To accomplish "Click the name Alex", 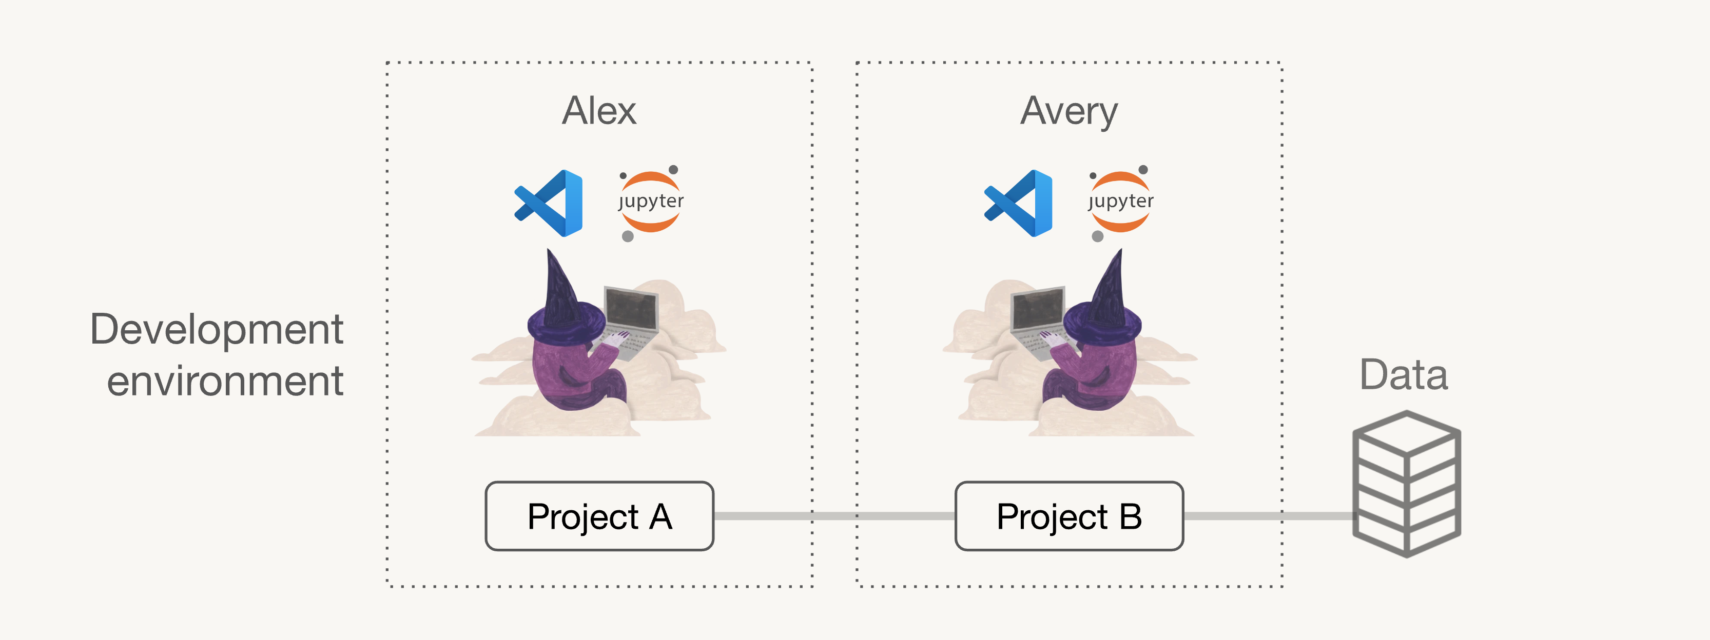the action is coord(599,110).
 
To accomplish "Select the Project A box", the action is coord(599,516).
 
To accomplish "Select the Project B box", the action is coord(1068,516).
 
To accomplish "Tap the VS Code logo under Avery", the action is coord(1018,203).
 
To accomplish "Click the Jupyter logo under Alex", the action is coord(651,202).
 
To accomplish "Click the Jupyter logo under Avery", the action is coord(1120,202).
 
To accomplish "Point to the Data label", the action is coord(1403,375).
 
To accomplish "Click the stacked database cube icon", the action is coord(1407,484).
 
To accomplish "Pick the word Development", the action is coord(217,330).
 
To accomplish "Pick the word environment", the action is coord(225,382).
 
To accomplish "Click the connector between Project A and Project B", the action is coord(834,515).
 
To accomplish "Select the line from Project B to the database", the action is coord(1269,515).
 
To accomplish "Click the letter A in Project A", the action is coord(660,516).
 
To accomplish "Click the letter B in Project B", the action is coord(1131,516).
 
